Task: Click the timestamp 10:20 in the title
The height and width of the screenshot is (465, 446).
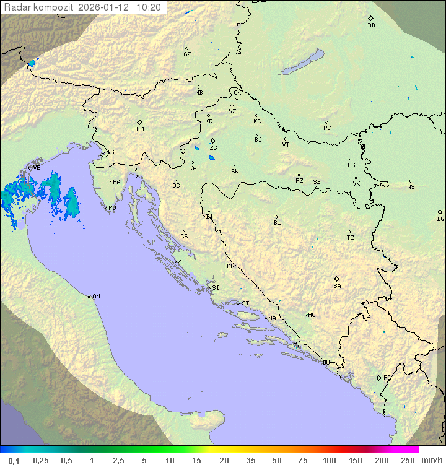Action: coord(149,7)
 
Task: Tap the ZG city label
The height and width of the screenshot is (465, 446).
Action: coord(213,148)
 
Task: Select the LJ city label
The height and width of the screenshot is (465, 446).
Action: coord(140,129)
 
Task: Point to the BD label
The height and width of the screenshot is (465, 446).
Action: coord(371,25)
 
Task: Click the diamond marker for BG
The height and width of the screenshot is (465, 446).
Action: coord(440,212)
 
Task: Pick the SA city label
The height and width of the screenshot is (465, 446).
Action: coord(337,285)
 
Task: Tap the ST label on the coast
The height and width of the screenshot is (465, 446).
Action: coord(245,303)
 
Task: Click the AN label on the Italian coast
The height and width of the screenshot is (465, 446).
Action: coord(96,297)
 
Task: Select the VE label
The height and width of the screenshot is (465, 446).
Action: coord(37,167)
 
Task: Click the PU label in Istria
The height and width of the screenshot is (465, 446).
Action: coord(112,208)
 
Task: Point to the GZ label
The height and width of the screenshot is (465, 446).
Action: coord(187,54)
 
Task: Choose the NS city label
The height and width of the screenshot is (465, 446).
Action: coord(411,186)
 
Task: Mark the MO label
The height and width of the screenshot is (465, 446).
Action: coord(312,315)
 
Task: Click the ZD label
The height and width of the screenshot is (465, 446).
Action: coord(181,261)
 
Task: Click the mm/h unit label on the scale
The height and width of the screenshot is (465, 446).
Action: coord(431,460)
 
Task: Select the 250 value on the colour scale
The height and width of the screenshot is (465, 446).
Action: coord(408,460)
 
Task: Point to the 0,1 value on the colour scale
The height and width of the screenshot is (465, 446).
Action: coord(14,460)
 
